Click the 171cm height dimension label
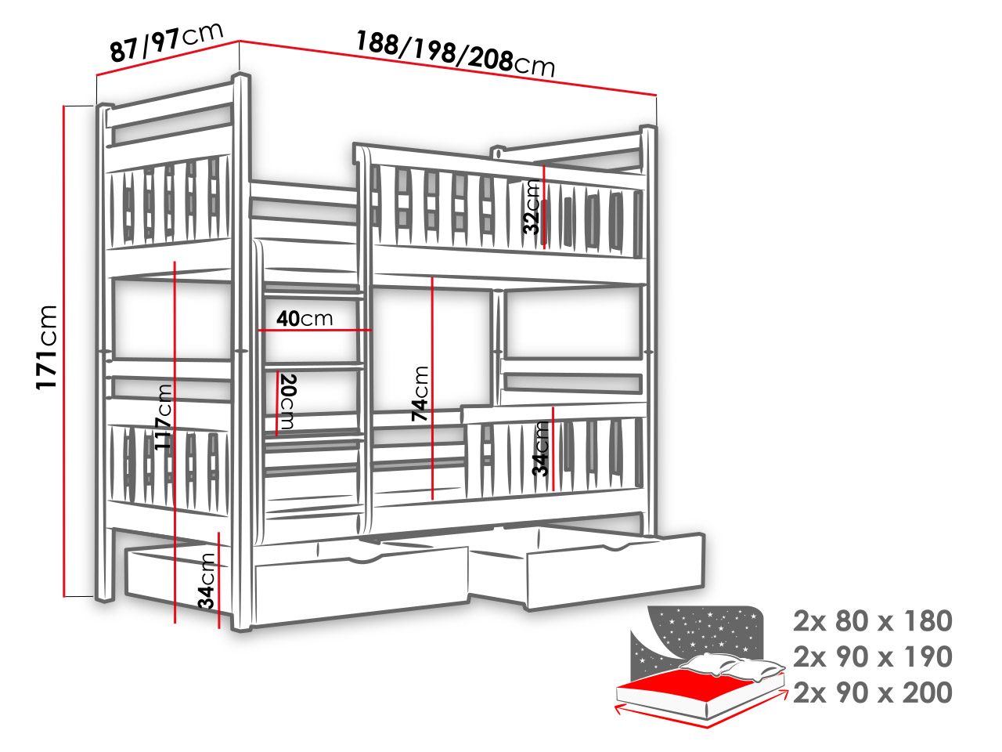(x=46, y=347)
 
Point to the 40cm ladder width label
(x=305, y=318)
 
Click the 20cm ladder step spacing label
(x=287, y=401)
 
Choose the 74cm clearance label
(x=420, y=393)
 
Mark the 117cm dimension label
(x=164, y=417)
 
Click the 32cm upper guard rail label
(x=532, y=207)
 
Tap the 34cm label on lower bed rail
(x=541, y=448)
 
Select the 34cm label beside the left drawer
(x=207, y=580)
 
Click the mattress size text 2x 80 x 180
(x=872, y=621)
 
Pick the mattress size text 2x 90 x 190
(x=872, y=656)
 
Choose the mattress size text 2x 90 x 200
(x=872, y=692)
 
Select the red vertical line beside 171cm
(x=64, y=351)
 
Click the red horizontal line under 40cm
(x=315, y=330)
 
